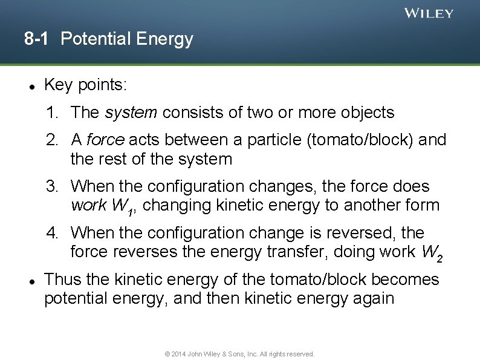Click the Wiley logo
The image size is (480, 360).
(x=429, y=13)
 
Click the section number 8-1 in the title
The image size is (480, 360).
(x=37, y=39)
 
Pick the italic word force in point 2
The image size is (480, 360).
(x=105, y=140)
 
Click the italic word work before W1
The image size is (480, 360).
(x=89, y=206)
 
